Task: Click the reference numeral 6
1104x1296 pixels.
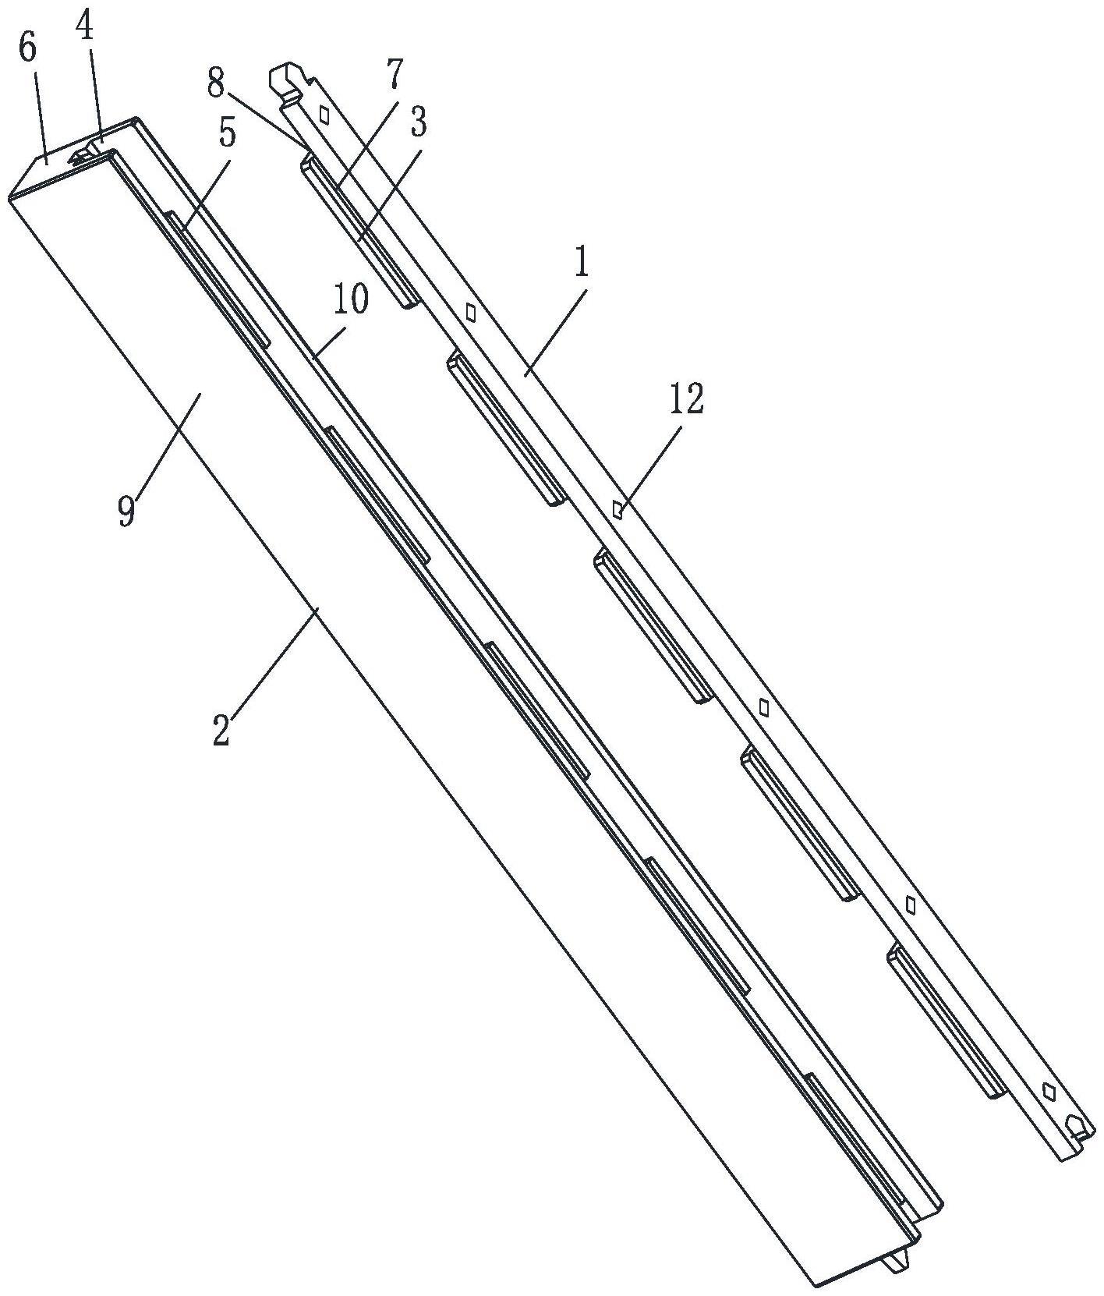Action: point(27,48)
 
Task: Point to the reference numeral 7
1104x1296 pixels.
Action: point(394,74)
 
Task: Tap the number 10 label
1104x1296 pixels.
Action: point(351,299)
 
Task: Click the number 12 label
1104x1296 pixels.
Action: point(686,399)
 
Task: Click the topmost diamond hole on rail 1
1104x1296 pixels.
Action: point(324,115)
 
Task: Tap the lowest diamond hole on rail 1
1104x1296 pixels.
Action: point(1049,1091)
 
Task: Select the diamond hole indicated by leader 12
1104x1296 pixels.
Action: point(617,510)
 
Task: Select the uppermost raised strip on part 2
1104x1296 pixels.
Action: point(218,280)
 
